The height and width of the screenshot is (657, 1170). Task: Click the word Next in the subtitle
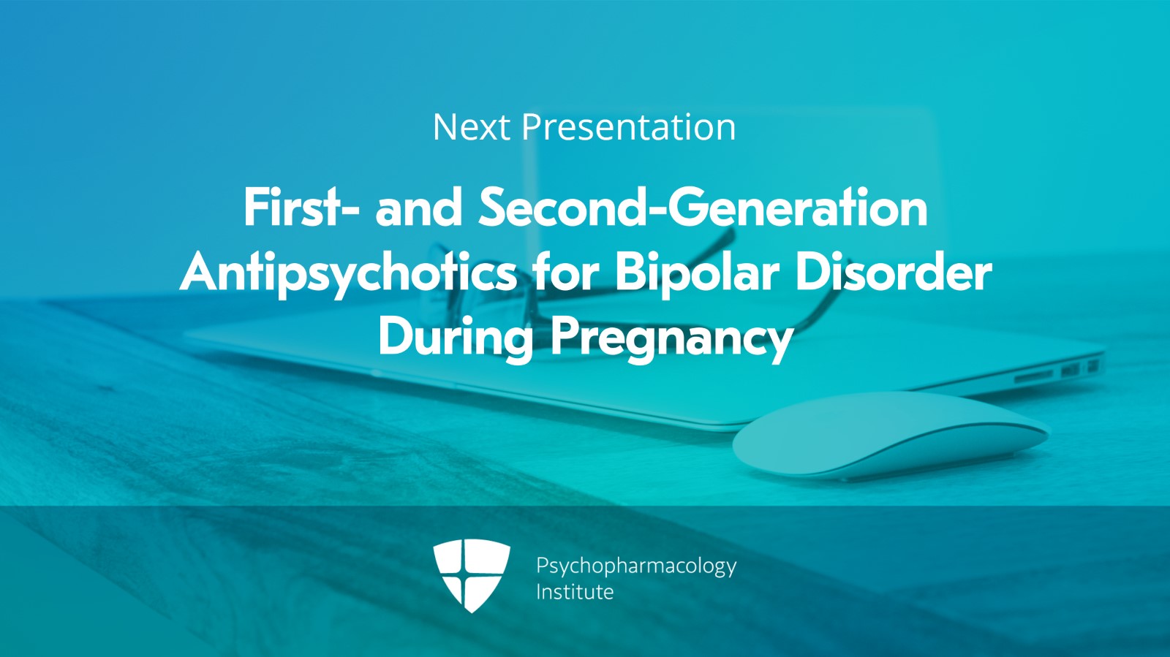471,127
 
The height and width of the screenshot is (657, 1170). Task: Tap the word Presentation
628,127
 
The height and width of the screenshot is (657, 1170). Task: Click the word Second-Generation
703,208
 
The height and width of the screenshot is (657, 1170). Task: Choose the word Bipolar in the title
698,273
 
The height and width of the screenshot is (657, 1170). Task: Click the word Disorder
893,273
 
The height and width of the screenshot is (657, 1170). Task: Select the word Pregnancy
672,338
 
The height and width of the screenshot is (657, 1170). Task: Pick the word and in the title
418,208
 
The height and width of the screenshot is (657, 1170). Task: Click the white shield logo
471,575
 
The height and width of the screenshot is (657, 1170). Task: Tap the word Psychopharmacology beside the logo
636,566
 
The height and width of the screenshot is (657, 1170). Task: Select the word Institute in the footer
575,591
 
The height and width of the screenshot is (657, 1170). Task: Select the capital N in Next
445,127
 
